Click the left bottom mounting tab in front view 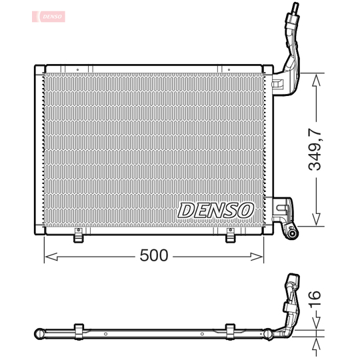click(x=78, y=235)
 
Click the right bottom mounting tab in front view click(x=230, y=235)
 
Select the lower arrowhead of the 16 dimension click(x=316, y=340)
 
